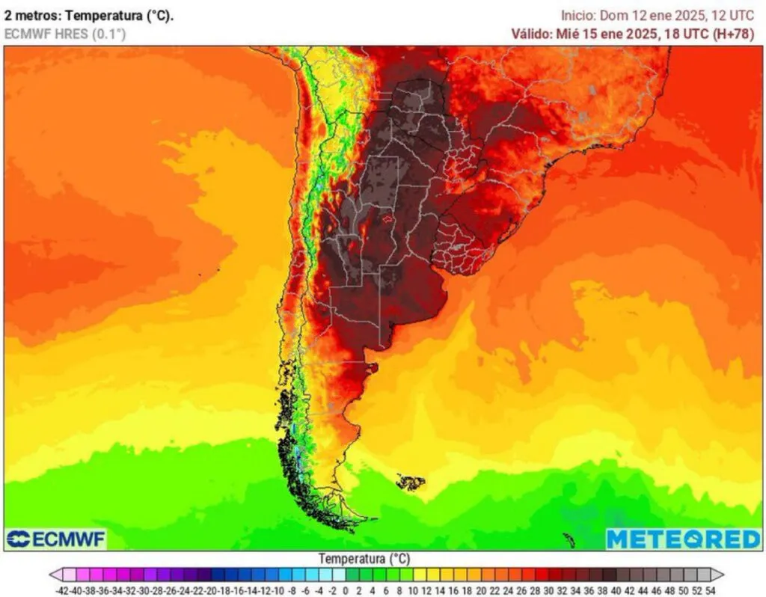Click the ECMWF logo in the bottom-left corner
click(x=56, y=539)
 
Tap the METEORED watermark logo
click(x=683, y=539)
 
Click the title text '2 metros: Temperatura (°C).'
click(x=89, y=16)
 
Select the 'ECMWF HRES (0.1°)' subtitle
click(x=65, y=34)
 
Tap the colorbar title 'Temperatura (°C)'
click(x=364, y=559)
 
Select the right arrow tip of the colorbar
click(x=724, y=575)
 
